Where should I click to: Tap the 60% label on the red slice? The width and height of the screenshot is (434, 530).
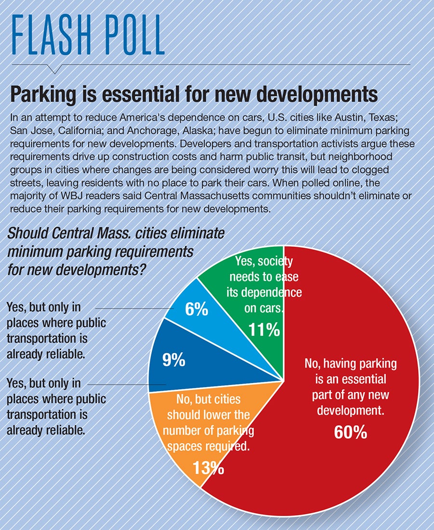coord(351,432)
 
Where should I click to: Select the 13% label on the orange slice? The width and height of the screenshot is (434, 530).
coord(208,467)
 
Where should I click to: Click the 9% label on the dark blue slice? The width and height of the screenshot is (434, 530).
coord(174,360)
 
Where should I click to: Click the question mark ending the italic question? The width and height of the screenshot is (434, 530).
coord(143,269)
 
